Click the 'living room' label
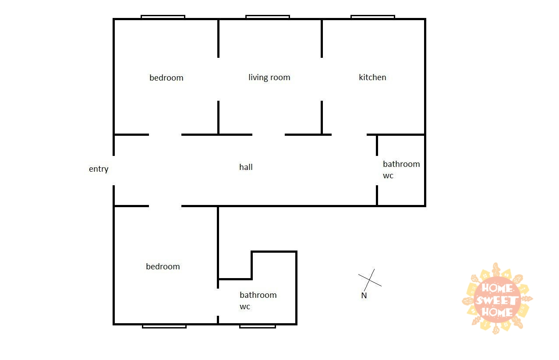[269, 78]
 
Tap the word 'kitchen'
[372, 78]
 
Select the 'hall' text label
[246, 167]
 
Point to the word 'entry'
[99, 169]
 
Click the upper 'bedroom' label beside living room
[166, 78]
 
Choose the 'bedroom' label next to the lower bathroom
[163, 266]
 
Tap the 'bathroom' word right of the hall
[401, 164]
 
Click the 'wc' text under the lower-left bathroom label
[245, 307]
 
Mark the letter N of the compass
[364, 296]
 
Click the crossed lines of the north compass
[370, 280]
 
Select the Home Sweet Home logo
[497, 298]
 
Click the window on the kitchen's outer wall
[372, 17]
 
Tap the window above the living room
[268, 17]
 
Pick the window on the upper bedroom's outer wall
[163, 17]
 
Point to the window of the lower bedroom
[164, 326]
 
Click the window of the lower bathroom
[258, 326]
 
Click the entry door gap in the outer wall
[114, 171]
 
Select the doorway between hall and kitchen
[349, 135]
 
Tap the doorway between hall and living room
[269, 135]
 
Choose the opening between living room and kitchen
[322, 79]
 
